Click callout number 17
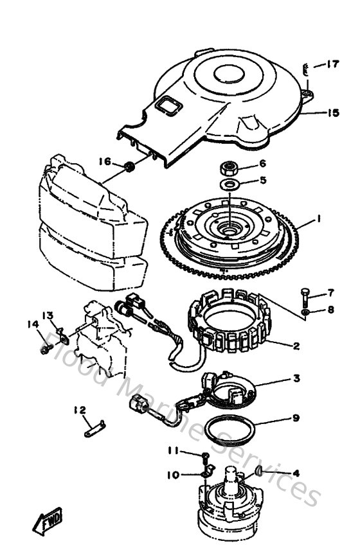tap(332, 64)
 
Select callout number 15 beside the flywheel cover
tap(332, 113)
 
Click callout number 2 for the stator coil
tap(296, 346)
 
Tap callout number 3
tap(296, 379)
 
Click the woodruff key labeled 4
tap(258, 474)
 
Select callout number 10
tap(173, 475)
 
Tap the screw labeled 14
tap(46, 349)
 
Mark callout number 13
tap(48, 315)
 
